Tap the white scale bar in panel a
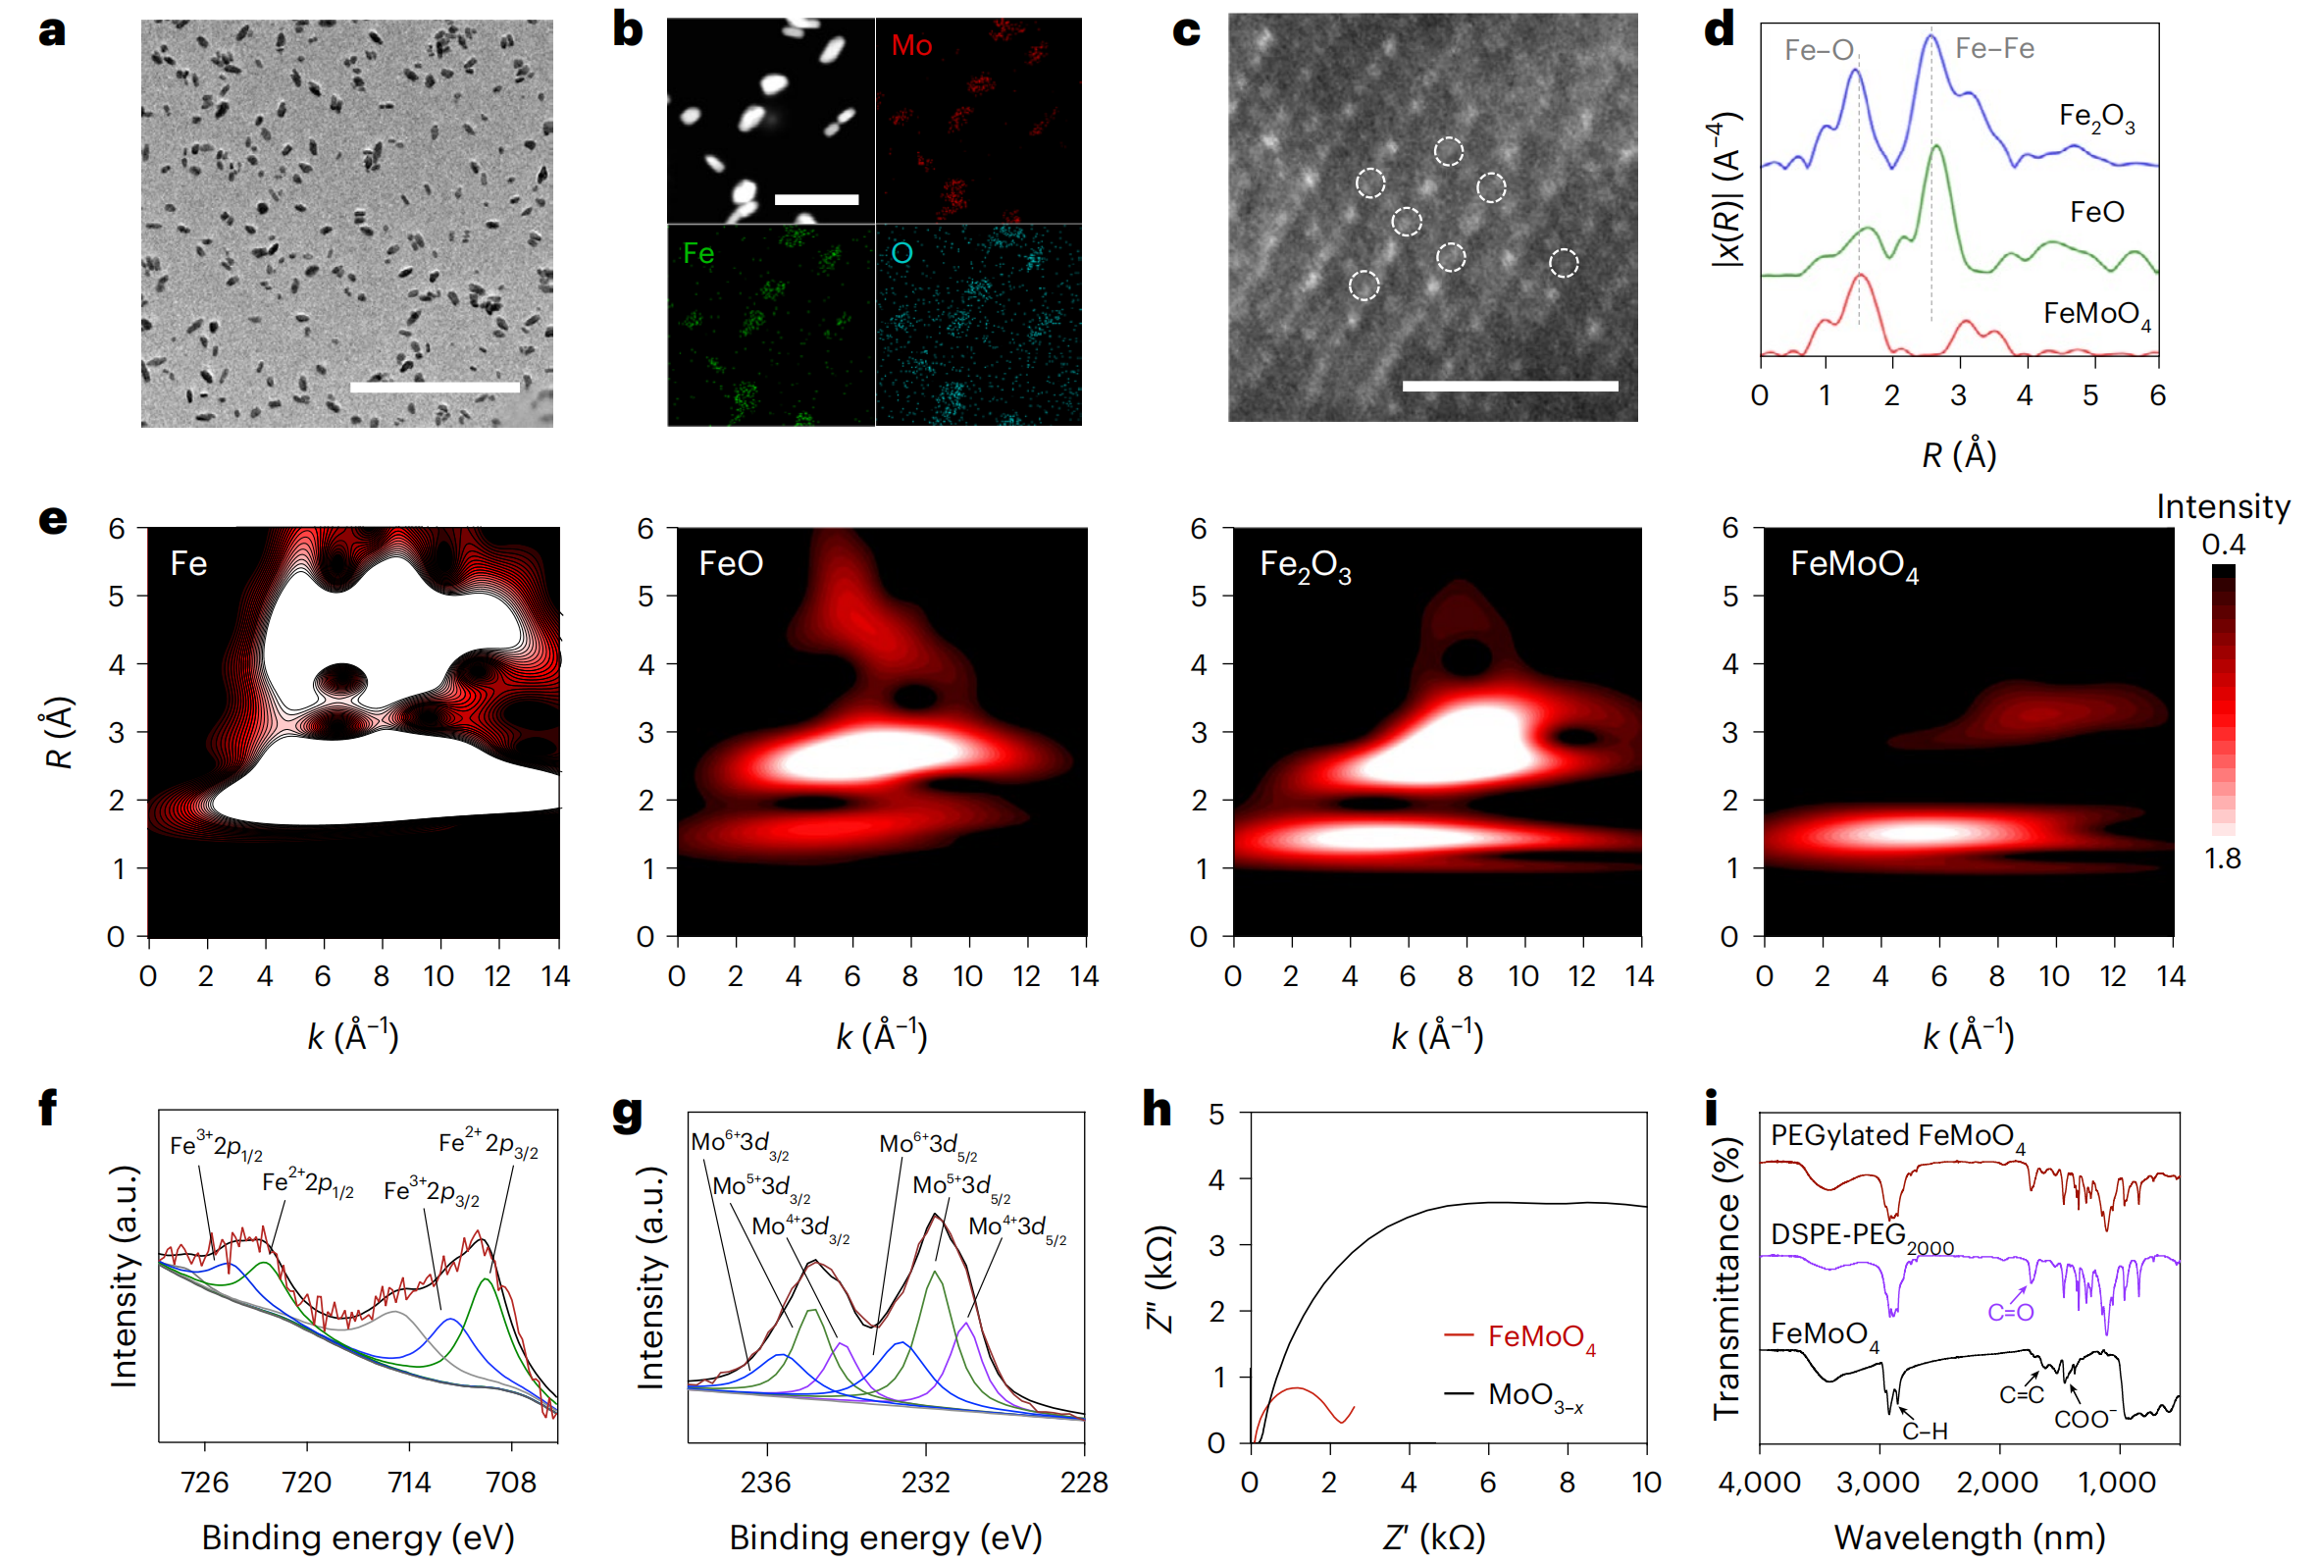pos(435,387)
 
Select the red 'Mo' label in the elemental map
pos(911,46)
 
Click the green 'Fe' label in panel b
pos(697,254)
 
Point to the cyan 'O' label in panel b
pos(901,253)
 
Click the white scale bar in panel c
pos(1509,386)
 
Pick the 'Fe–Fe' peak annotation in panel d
pos(1993,48)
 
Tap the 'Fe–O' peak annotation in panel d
pos(1818,50)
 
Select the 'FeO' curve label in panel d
pos(2095,212)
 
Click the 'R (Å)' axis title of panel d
pos(1958,455)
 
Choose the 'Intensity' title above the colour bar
pos(2223,506)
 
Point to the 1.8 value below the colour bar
pos(2223,859)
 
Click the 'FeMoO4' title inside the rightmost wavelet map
pos(1854,565)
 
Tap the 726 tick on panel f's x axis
pos(204,1483)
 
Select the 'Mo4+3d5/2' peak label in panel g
pos(1016,1228)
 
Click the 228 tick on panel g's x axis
pos(1083,1483)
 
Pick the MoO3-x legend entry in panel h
pos(1535,1395)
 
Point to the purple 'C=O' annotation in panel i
pos(2010,1313)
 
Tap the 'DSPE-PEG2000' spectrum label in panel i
pos(1861,1237)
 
